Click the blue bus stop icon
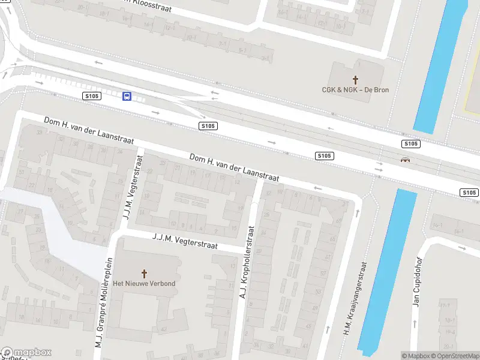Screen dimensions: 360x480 [127, 96]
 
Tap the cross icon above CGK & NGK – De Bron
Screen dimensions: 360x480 [355, 79]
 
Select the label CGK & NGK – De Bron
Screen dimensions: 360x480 [355, 90]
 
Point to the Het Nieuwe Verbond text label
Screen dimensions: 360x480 [145, 283]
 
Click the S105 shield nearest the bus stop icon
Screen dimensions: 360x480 [91, 96]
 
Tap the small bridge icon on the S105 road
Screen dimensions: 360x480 [406, 160]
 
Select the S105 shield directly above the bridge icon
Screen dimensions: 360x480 [410, 144]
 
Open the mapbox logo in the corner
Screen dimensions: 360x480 [26, 353]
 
